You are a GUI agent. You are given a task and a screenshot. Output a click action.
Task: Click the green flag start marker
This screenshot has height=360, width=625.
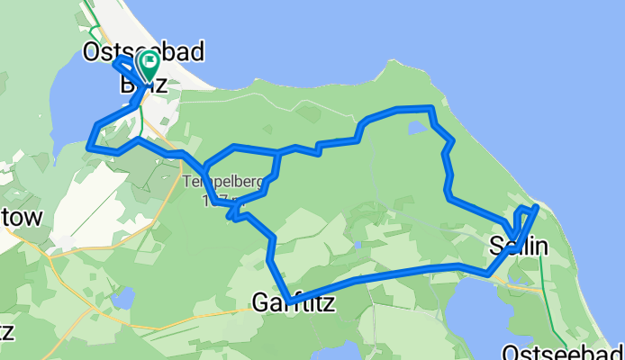pyautogui.click(x=147, y=64)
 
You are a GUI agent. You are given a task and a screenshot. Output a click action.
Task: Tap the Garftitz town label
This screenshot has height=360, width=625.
pyautogui.click(x=294, y=304)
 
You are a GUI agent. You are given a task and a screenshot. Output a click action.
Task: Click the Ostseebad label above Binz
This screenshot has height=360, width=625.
pyautogui.click(x=142, y=52)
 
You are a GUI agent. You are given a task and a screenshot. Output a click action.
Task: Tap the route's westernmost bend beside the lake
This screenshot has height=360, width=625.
pyautogui.click(x=88, y=144)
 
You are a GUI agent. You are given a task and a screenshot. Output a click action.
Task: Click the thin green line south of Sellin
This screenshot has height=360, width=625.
pyautogui.click(x=544, y=270)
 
